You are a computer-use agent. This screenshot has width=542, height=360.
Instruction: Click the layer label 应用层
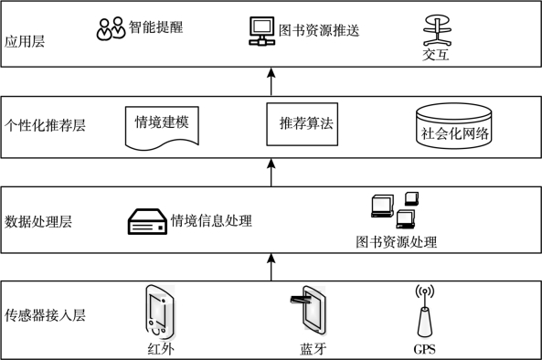pyautogui.click(x=25, y=41)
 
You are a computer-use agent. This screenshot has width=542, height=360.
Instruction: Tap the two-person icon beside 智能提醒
pyautogui.click(x=111, y=28)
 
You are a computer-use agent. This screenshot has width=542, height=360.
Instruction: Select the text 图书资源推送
pyautogui.click(x=319, y=31)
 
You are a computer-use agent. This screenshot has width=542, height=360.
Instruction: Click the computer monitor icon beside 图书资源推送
pyautogui.click(x=261, y=31)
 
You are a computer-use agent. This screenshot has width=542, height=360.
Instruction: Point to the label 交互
pyautogui.click(x=436, y=55)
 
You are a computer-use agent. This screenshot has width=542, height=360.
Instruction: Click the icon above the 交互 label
pyautogui.click(x=437, y=30)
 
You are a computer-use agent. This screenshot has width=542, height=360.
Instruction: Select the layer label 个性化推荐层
pyautogui.click(x=45, y=125)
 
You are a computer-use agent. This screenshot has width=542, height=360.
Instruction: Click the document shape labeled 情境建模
pyautogui.click(x=162, y=128)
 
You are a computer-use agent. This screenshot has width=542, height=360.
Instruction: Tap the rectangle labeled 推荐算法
pyautogui.click(x=303, y=124)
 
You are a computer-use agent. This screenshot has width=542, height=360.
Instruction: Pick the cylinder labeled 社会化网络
pyautogui.click(x=454, y=126)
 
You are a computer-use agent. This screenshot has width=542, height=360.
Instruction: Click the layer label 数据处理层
pyautogui.click(x=38, y=221)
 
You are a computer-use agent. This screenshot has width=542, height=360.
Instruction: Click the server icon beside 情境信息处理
pyautogui.click(x=147, y=221)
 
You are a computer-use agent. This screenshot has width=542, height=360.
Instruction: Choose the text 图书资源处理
pyautogui.click(x=396, y=242)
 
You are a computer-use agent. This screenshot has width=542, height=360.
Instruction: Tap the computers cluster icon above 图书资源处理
pyautogui.click(x=395, y=210)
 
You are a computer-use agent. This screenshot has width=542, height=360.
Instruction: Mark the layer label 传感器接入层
pyautogui.click(x=45, y=315)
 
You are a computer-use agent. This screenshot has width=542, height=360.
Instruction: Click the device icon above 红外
pyautogui.click(x=160, y=312)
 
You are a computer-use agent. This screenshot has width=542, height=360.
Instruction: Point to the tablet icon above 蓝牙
pyautogui.click(x=309, y=310)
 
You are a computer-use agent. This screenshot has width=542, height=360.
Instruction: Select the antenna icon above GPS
pyautogui.click(x=424, y=311)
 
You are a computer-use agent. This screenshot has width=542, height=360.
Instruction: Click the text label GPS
pyautogui.click(x=424, y=349)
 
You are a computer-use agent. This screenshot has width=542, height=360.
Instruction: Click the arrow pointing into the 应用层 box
pyautogui.click(x=271, y=81)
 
